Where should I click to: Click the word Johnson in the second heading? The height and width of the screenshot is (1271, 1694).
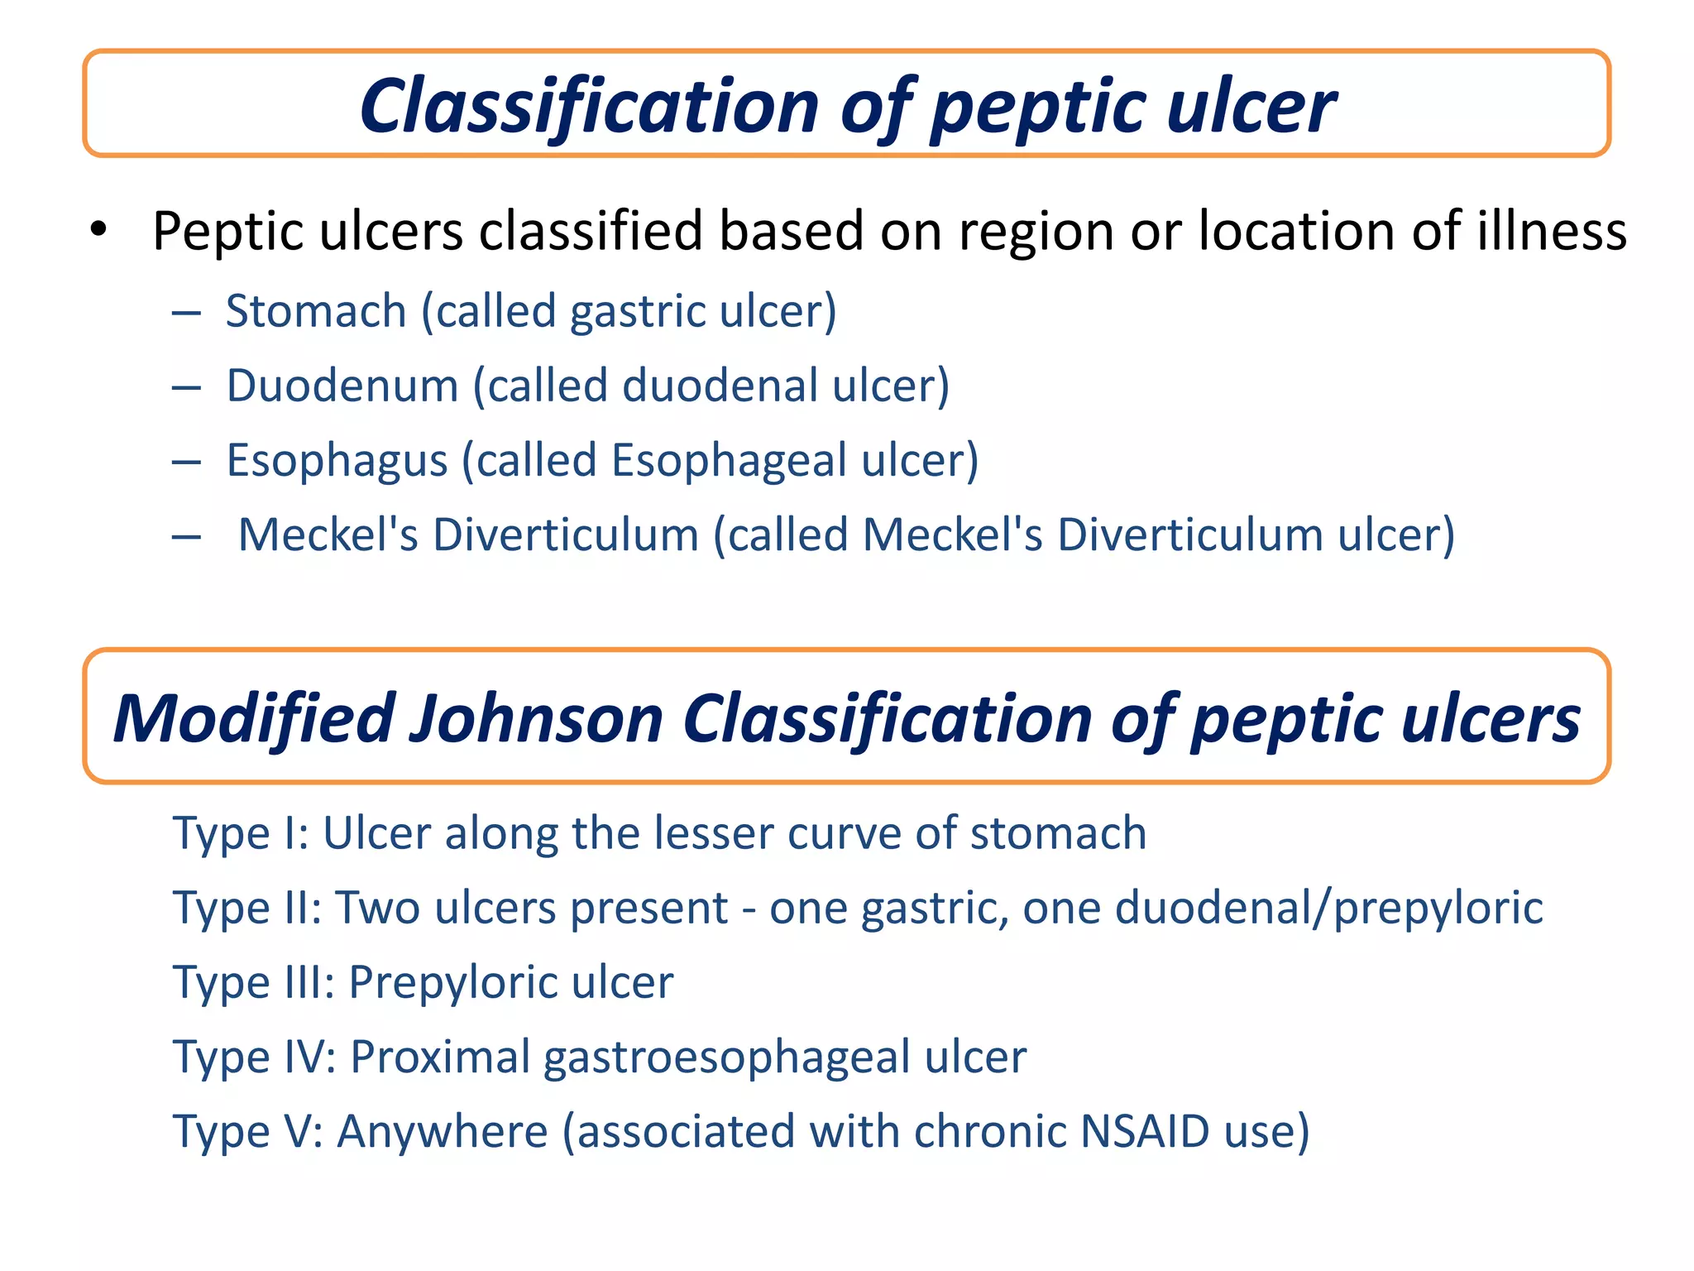coord(537,718)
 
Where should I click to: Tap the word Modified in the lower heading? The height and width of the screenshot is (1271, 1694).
coord(253,718)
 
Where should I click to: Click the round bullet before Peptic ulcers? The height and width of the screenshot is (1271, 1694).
coord(98,231)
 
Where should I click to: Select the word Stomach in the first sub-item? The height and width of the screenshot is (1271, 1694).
coord(316,312)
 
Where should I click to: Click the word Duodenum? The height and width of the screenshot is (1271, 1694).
coord(342,386)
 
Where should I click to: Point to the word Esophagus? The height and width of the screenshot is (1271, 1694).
coord(337,461)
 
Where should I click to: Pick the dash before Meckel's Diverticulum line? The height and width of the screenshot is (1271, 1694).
coord(186,536)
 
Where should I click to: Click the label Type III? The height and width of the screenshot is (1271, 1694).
coord(253,982)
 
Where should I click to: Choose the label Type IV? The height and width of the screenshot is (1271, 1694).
coord(254,1057)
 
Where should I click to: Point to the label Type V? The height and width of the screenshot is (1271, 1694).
coord(247,1131)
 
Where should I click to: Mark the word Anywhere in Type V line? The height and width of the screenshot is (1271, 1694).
coord(442,1131)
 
